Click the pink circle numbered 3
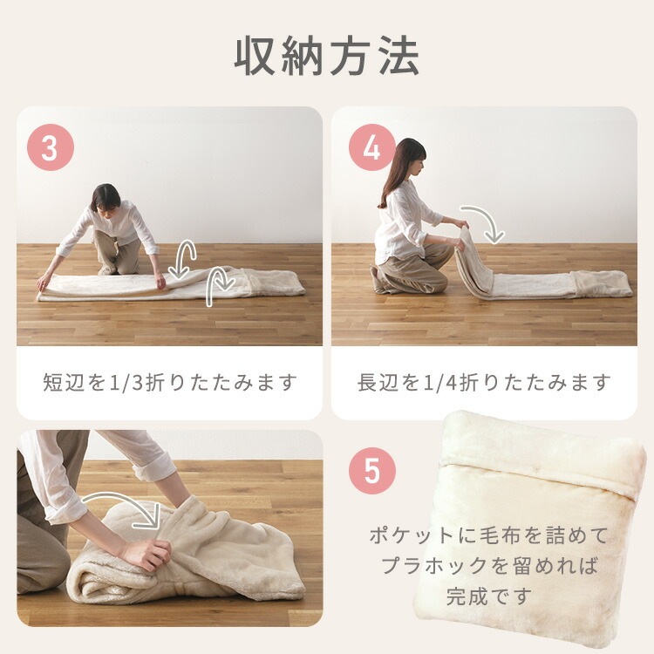[x=50, y=146]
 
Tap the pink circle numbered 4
[x=372, y=146]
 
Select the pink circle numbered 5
[x=372, y=471]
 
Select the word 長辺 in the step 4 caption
[x=378, y=382]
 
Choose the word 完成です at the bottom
[x=489, y=596]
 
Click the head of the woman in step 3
[x=106, y=199]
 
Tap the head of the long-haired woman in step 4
[x=410, y=158]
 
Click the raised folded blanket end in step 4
[x=473, y=260]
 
